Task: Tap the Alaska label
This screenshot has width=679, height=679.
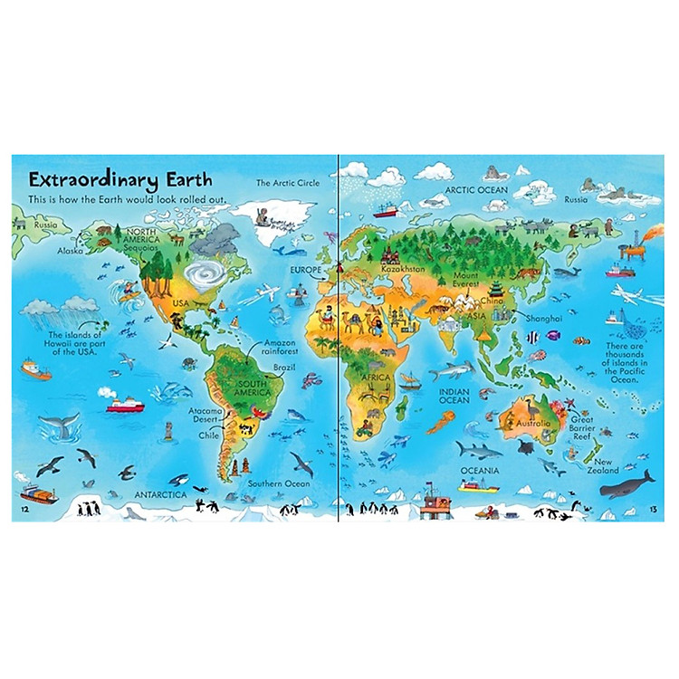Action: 70,251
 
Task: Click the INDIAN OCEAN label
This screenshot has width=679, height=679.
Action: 454,395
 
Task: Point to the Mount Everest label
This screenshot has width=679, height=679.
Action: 467,281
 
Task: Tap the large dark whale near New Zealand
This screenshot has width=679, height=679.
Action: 628,484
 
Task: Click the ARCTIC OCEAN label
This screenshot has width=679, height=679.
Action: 476,190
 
